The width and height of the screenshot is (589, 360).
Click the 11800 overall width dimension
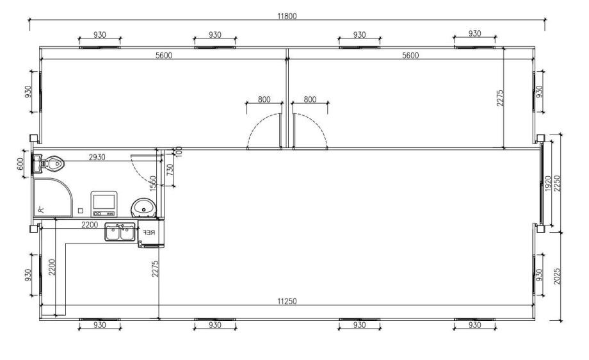287,16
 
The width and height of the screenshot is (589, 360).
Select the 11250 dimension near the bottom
287,301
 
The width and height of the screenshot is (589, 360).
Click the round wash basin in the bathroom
143,208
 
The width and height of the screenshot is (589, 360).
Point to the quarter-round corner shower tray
52,198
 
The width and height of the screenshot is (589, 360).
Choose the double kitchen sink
120,233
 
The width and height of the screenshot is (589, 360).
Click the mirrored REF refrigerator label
149,233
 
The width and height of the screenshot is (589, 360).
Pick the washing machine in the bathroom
104,204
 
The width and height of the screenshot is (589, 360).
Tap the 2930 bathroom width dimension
97,158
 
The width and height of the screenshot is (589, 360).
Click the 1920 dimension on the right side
547,183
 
